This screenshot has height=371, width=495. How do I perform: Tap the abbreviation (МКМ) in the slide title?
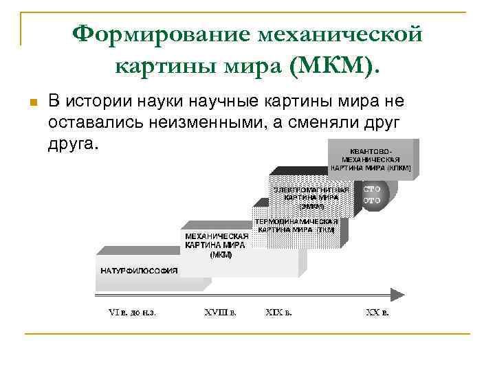(x=334, y=67)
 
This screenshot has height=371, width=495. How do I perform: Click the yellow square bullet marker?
(x=31, y=103)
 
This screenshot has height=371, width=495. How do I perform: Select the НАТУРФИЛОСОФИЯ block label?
(x=140, y=271)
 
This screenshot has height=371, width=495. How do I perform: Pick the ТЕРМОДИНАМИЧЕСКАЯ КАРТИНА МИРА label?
(x=296, y=226)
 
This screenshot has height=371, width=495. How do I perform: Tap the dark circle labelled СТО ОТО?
(x=373, y=193)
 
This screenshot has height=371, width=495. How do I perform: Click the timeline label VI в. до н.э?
(x=132, y=313)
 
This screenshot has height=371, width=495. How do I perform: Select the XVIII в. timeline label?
(x=220, y=313)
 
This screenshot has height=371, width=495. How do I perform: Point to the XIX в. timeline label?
(x=278, y=313)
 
